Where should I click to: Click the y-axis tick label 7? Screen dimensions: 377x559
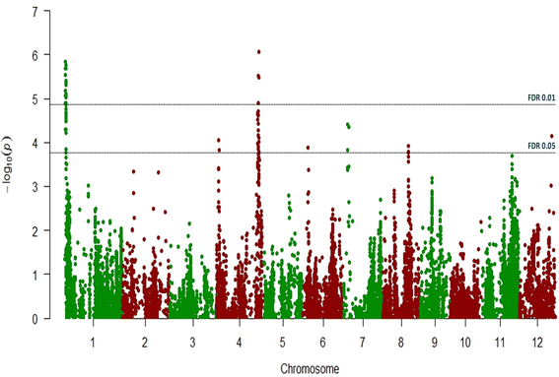[36, 12]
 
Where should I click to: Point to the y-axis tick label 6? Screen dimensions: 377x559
[36, 56]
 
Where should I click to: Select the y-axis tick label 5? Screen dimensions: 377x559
[36, 99]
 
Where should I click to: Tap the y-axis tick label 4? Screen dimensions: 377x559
[36, 144]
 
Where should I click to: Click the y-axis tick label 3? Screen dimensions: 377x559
[36, 187]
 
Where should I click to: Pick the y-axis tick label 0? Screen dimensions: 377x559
[36, 319]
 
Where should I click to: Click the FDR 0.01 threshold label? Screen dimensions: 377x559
[541, 97]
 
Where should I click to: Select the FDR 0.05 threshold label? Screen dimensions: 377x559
[541, 146]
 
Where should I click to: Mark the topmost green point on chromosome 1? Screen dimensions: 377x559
[65, 62]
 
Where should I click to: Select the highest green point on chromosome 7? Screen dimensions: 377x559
[347, 124]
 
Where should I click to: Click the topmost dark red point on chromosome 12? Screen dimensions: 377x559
[552, 136]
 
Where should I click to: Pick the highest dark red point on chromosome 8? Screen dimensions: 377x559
[408, 147]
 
